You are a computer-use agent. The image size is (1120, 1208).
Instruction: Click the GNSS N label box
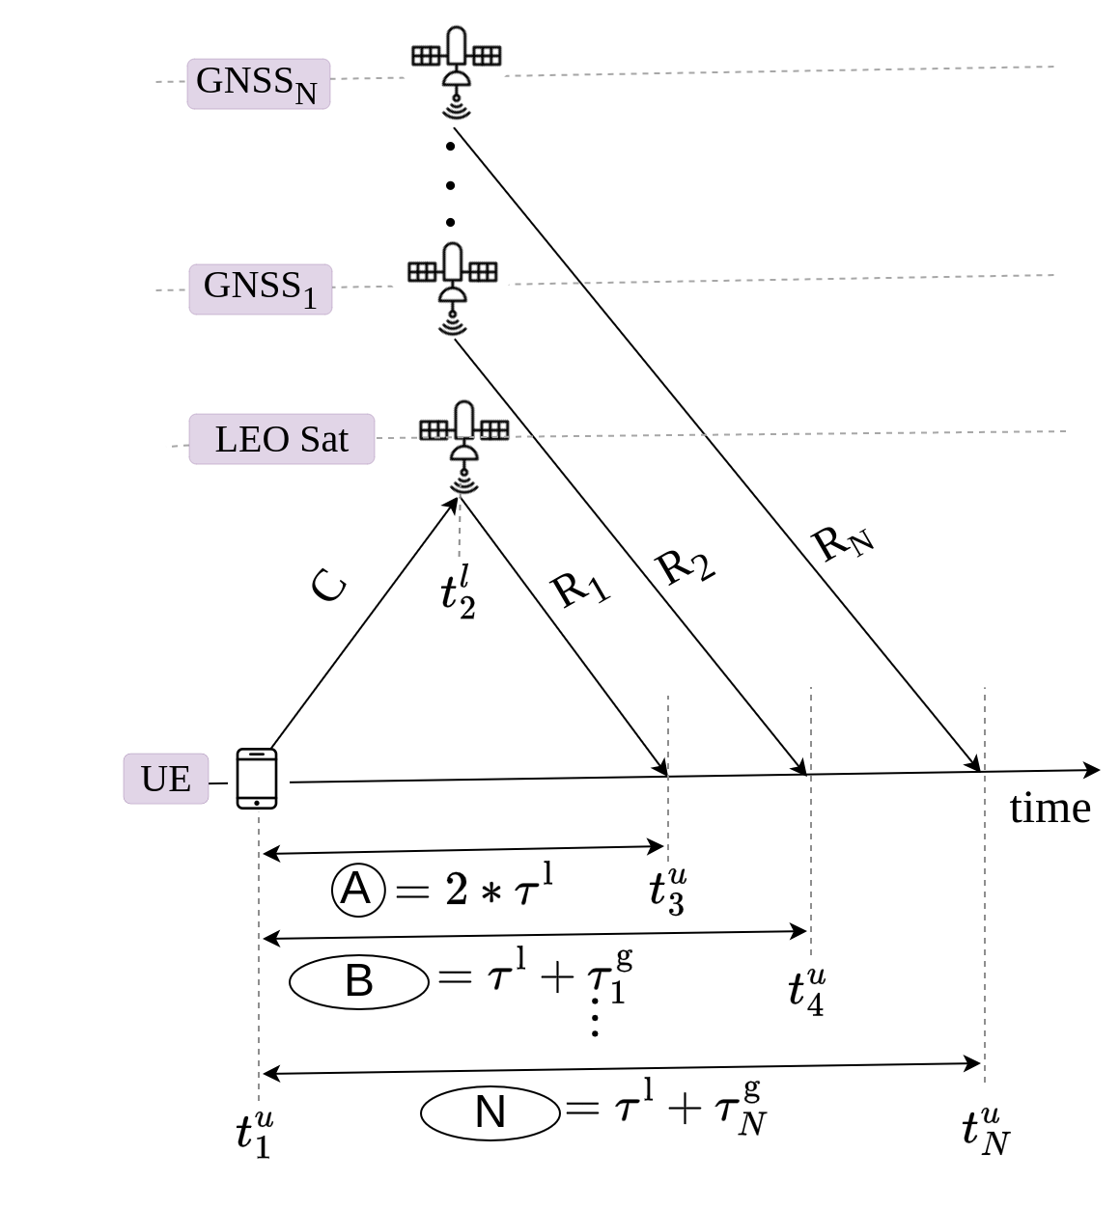click(258, 83)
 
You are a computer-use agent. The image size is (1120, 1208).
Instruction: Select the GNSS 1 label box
click(260, 288)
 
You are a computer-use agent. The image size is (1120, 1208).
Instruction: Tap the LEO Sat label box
click(281, 439)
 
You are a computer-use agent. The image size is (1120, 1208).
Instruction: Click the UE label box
click(165, 778)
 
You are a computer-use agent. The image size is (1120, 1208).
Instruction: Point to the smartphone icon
click(258, 780)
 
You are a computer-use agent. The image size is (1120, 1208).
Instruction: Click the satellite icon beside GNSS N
click(453, 65)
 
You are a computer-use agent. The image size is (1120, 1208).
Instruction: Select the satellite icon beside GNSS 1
click(450, 282)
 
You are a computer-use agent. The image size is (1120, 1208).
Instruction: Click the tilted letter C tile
click(329, 589)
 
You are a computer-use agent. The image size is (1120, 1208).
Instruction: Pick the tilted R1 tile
click(580, 588)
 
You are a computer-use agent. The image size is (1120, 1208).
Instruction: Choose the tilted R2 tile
click(686, 564)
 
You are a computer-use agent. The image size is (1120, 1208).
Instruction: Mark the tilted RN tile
click(843, 542)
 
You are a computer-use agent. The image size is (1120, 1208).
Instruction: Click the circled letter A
click(357, 889)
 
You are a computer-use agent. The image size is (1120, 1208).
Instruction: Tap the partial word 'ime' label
click(1054, 810)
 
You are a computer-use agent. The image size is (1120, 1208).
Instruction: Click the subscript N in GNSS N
click(305, 95)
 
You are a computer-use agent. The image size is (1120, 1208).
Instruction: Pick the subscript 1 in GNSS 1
click(309, 299)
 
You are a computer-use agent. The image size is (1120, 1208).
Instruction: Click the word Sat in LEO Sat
click(323, 439)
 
